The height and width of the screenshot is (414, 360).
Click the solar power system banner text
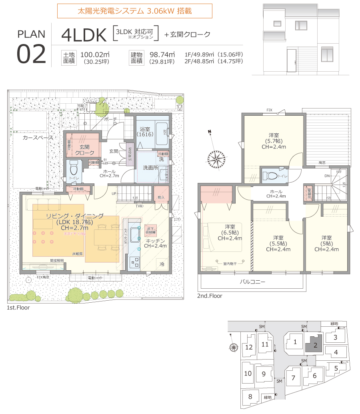tap(134, 11)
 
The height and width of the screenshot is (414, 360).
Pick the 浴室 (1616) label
tap(145, 132)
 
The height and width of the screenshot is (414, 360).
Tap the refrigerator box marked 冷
tap(162, 264)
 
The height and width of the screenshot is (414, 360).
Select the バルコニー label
tap(252, 282)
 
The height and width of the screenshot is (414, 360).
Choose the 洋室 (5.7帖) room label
tap(274, 141)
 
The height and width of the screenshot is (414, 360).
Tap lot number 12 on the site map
tap(249, 347)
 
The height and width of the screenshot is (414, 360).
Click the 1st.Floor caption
tap(18, 308)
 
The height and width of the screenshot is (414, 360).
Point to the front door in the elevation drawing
tap(291, 61)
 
